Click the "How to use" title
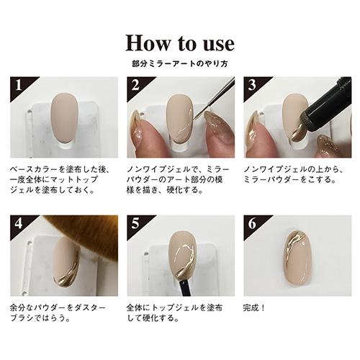click(x=180, y=42)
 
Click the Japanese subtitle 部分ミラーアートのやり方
click(x=180, y=64)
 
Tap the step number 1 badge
click(x=17, y=86)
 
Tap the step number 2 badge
click(x=134, y=86)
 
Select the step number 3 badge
click(x=251, y=86)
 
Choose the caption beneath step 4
click(x=58, y=311)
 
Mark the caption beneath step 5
click(x=176, y=311)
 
